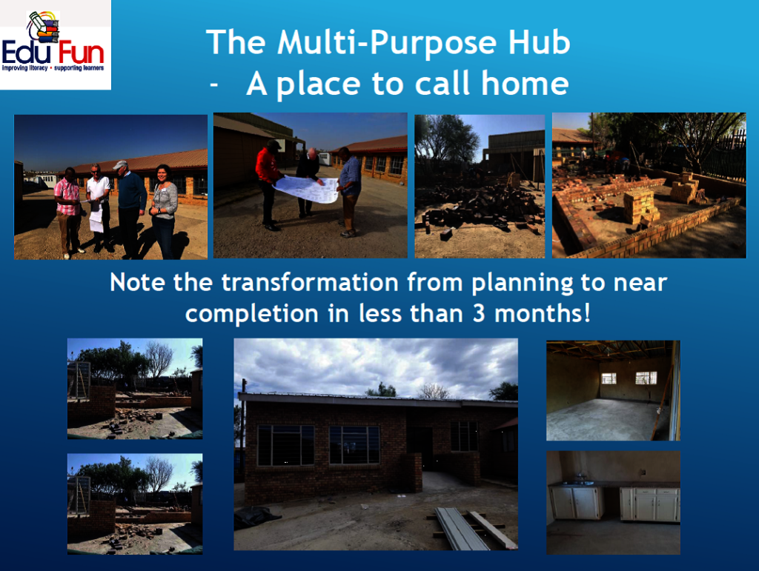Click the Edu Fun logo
point(55,44)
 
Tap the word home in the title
point(525,83)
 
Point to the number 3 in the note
point(479,313)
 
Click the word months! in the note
point(543,313)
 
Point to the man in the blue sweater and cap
point(130,209)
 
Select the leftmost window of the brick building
point(285,445)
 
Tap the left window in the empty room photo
point(609,378)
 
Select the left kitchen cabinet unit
point(575,503)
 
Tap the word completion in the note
point(252,314)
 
